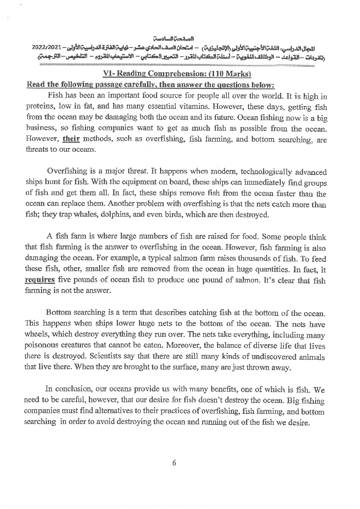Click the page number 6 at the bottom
[x=174, y=463]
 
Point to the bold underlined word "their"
[x=71, y=139]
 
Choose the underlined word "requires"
[x=40, y=280]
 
